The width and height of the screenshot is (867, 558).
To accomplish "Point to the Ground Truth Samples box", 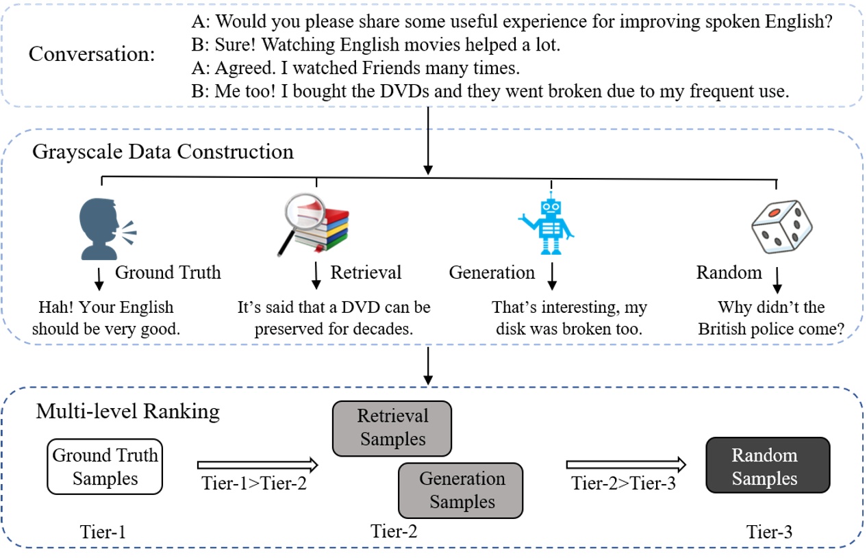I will (x=105, y=467).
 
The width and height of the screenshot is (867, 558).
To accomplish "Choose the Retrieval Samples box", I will (x=392, y=428).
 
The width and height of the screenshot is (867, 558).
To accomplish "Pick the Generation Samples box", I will (x=460, y=490).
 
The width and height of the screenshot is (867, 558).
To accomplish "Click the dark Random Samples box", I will (x=767, y=466).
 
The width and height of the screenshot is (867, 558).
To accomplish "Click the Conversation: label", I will (x=92, y=54).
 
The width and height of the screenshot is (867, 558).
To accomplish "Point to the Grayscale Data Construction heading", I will (x=163, y=151).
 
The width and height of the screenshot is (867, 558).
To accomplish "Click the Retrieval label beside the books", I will (x=366, y=272).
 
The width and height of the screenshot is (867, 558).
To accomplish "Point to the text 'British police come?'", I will (x=770, y=329).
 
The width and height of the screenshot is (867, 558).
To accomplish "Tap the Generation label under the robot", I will (x=492, y=272).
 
